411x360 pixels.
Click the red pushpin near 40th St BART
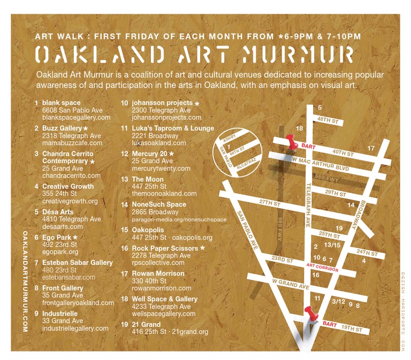(x=291, y=142)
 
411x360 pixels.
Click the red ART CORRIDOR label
(x=322, y=266)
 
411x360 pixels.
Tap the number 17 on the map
(x=371, y=148)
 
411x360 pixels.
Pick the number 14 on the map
(x=351, y=205)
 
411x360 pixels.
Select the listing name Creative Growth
(x=67, y=187)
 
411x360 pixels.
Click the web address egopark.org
(x=60, y=251)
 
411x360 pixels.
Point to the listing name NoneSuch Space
(x=159, y=204)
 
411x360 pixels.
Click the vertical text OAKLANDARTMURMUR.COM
(x=25, y=281)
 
